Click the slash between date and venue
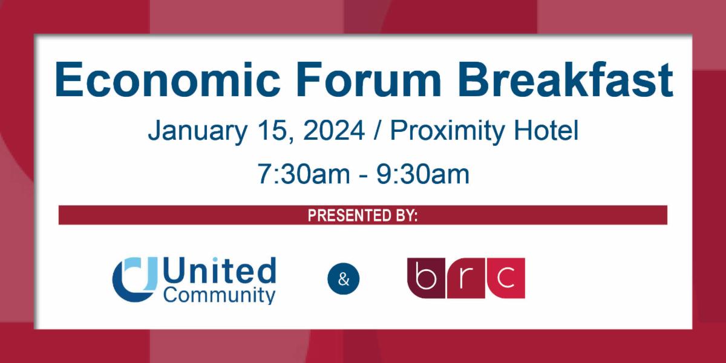click(x=378, y=131)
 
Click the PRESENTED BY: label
click(x=362, y=215)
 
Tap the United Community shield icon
click(x=134, y=278)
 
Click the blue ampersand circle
click(x=343, y=279)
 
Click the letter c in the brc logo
click(x=505, y=278)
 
